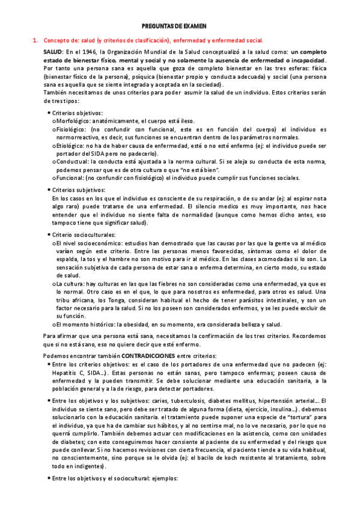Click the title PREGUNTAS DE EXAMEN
click(x=177, y=26)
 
